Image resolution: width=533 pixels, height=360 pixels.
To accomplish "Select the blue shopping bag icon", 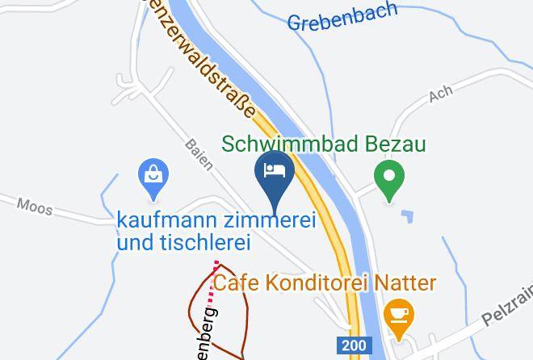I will pos(152,176).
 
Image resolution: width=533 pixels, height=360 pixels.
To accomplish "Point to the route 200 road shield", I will pos(352,345).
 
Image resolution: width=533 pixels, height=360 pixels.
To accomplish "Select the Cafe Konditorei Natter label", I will pos(325,283).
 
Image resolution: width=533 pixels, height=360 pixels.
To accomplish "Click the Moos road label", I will pos(34,207).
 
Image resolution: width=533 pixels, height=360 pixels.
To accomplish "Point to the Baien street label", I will pos(198,153).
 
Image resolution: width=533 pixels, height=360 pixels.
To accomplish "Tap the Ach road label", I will pos(441,95).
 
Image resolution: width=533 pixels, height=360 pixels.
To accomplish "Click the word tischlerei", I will pos(200,241).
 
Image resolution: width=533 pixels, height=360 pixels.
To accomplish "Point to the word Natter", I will pos(409,283).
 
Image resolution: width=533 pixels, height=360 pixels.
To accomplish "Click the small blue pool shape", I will pos(408,216).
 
